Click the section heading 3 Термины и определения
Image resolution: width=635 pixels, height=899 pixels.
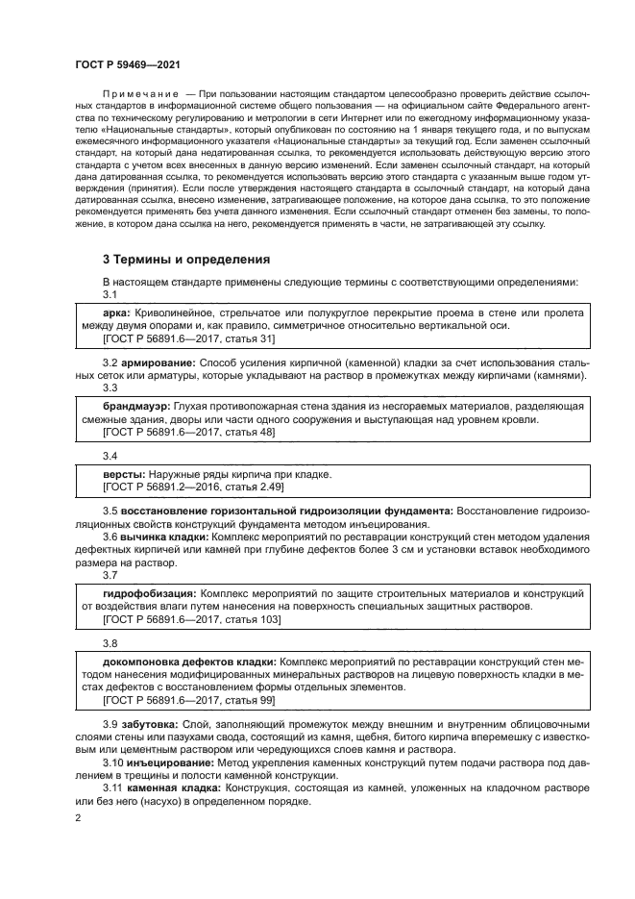coord(186,260)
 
